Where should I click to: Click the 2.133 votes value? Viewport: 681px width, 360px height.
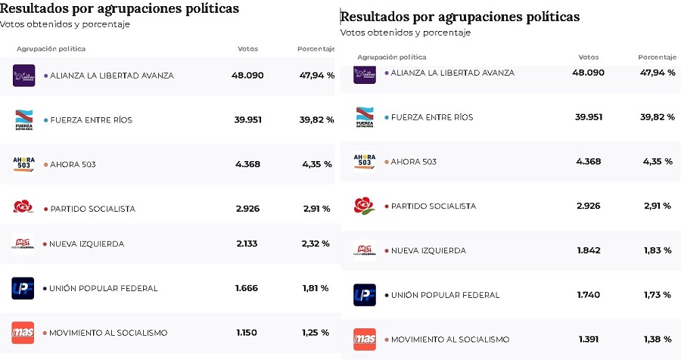247,244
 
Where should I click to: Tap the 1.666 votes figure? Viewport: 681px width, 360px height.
247,288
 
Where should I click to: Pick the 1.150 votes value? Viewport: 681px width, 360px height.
247,333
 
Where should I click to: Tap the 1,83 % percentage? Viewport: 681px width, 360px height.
657,250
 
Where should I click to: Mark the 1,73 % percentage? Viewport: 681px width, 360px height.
657,295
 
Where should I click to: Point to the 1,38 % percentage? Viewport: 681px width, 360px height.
657,340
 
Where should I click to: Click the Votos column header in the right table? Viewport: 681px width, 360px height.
588,57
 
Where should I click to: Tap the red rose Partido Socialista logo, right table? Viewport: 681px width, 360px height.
364,206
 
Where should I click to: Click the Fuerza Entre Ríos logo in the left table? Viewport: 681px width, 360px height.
23,119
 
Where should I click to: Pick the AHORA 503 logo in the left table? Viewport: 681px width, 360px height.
23,164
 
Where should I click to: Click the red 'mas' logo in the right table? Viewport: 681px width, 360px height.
364,340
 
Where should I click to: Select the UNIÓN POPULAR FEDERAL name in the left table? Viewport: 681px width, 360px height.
104,288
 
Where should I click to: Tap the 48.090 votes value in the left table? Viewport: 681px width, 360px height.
247,76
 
